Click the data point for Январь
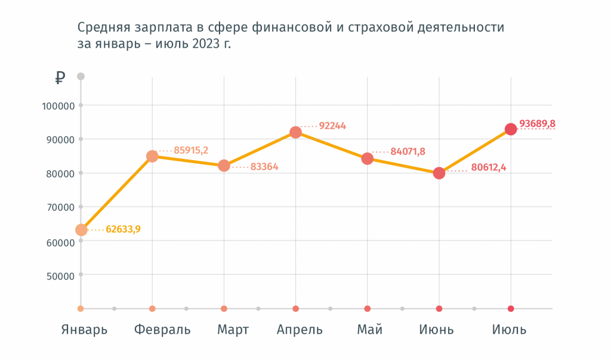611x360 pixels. pos(81,230)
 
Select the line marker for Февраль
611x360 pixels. pos(152,156)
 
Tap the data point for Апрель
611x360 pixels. pos(295,133)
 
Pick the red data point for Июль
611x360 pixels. pos(511,130)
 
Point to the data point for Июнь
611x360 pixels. pos(439,173)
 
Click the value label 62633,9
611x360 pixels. pos(124,229)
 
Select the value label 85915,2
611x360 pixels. pos(191,150)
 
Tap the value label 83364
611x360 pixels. pos(264,167)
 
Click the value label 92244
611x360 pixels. pos(332,126)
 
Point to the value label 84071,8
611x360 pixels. pos(408,152)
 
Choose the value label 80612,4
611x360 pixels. pos(488,167)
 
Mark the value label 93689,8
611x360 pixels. pos(537,124)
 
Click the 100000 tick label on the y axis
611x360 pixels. pos(57,106)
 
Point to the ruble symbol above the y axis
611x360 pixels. pos(60,78)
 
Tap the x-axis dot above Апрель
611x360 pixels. pos(295,309)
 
